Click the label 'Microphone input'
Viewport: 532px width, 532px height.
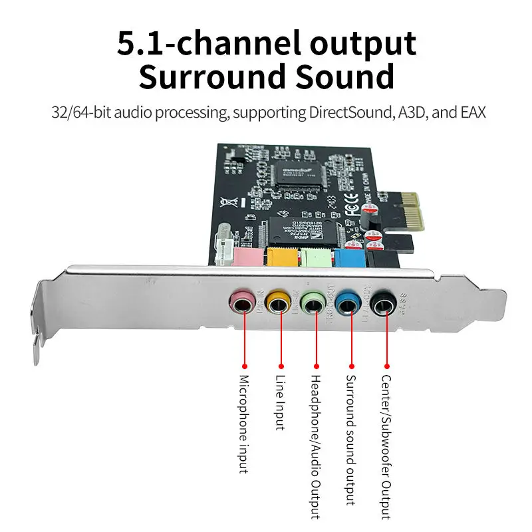(x=244, y=424)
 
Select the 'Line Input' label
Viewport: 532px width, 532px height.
(x=279, y=402)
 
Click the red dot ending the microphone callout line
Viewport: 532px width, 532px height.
(x=244, y=366)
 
